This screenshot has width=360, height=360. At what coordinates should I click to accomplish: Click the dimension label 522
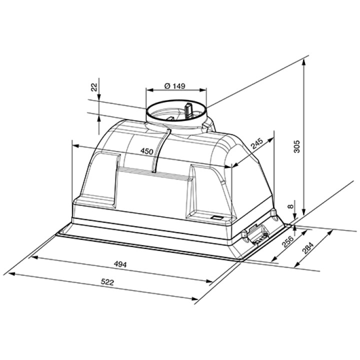coord(107,282)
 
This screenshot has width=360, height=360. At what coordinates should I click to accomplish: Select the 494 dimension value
coord(120,264)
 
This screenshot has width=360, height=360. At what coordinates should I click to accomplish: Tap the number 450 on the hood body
coord(146,151)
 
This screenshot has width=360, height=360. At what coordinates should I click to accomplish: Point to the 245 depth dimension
coord(256,143)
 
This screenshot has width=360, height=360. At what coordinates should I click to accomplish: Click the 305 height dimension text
coord(297,146)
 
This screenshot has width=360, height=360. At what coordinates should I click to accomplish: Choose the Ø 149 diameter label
coord(174,86)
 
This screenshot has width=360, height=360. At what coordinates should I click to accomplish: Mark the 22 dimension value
coord(94,87)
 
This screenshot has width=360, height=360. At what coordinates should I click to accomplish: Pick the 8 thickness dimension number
coord(290,206)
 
